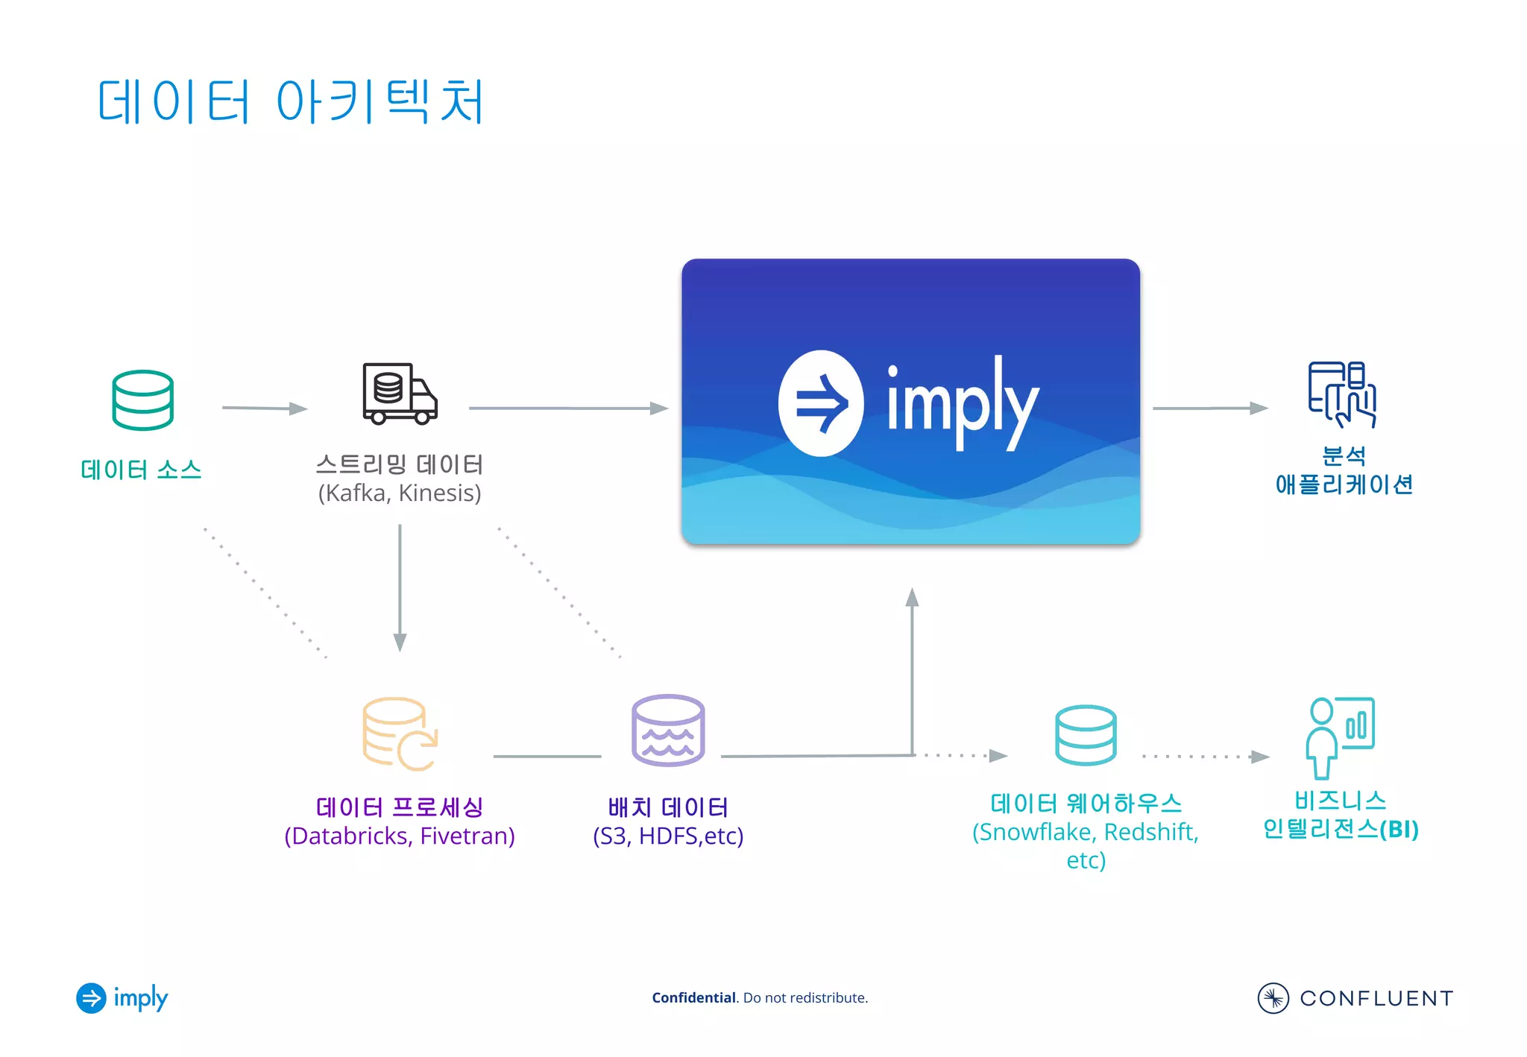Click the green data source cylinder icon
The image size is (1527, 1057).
[142, 400]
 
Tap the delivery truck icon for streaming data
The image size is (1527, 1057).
[399, 394]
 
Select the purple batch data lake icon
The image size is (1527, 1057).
[667, 731]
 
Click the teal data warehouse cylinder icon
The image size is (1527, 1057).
[1086, 735]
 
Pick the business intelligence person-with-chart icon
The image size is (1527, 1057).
[1340, 736]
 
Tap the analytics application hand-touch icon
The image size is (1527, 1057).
[1341, 394]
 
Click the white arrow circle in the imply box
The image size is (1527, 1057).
[821, 403]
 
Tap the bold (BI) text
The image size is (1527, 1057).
[1399, 829]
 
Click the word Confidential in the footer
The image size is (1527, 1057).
[693, 997]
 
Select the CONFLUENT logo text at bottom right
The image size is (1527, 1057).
[1376, 998]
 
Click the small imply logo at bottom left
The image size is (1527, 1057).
[122, 998]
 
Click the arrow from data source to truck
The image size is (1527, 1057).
[265, 408]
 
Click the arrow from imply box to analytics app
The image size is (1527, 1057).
[1209, 408]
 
